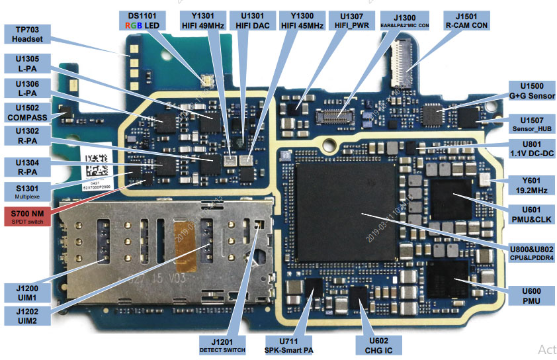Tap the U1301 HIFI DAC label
click(251, 20)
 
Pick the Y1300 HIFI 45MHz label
click(302, 20)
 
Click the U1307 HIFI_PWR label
click(351, 20)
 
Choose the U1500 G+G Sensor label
click(531, 91)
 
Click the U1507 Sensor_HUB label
click(531, 123)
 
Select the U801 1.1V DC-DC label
click(531, 150)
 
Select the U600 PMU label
click(531, 295)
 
